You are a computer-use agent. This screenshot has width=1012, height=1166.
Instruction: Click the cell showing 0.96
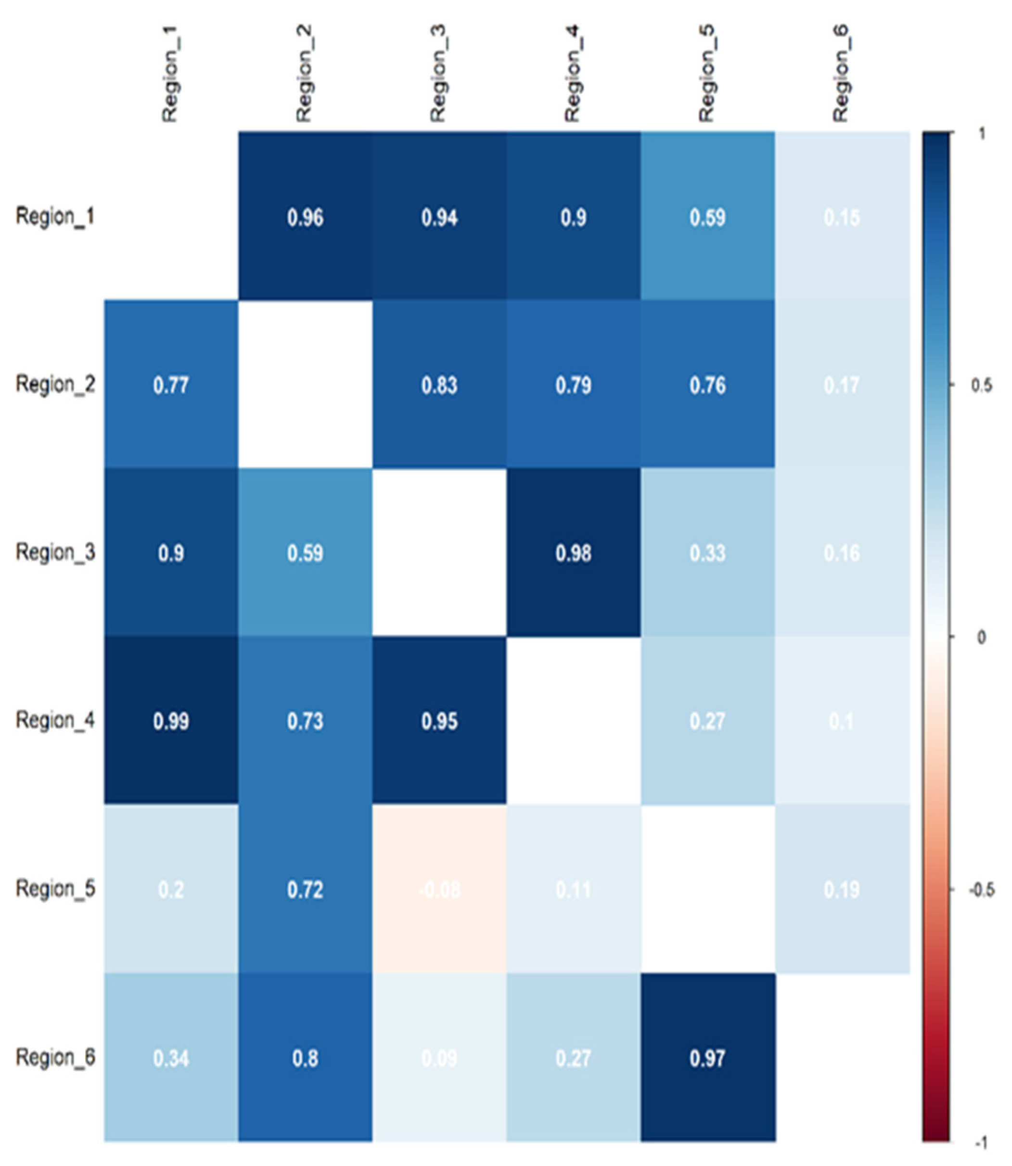[x=305, y=217]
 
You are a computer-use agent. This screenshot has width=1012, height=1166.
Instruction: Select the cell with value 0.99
[x=170, y=721]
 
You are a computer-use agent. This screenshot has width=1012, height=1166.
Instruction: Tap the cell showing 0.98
[x=573, y=553]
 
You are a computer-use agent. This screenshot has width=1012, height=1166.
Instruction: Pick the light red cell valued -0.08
[x=439, y=889]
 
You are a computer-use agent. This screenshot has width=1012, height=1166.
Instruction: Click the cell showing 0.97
[x=707, y=1058]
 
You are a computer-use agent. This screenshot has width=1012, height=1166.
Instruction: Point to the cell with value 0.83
[x=439, y=385]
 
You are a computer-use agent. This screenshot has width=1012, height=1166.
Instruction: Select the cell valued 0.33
[x=707, y=553]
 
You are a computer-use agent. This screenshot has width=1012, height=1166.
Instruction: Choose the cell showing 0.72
[x=305, y=889]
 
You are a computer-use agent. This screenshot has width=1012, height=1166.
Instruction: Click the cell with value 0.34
[x=170, y=1058]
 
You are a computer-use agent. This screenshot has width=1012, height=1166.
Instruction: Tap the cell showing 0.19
[x=842, y=889]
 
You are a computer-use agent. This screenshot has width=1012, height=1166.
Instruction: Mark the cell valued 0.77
[x=170, y=385]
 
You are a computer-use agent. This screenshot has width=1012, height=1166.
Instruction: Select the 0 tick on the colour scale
[x=982, y=638]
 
